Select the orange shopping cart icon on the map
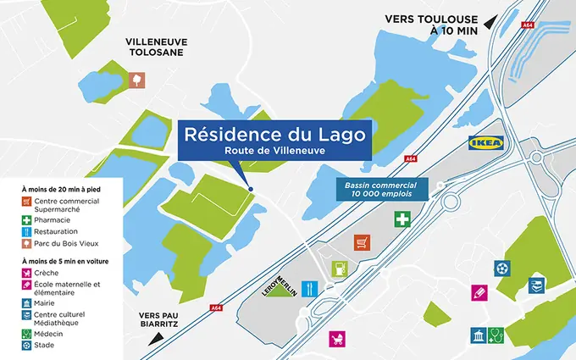point(362,241)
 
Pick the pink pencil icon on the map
point(480,292)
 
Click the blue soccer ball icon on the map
point(502,268)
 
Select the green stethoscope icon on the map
point(496,335)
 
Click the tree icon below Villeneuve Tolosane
point(137,80)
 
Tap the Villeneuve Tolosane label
point(157,47)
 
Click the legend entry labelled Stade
point(45,345)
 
